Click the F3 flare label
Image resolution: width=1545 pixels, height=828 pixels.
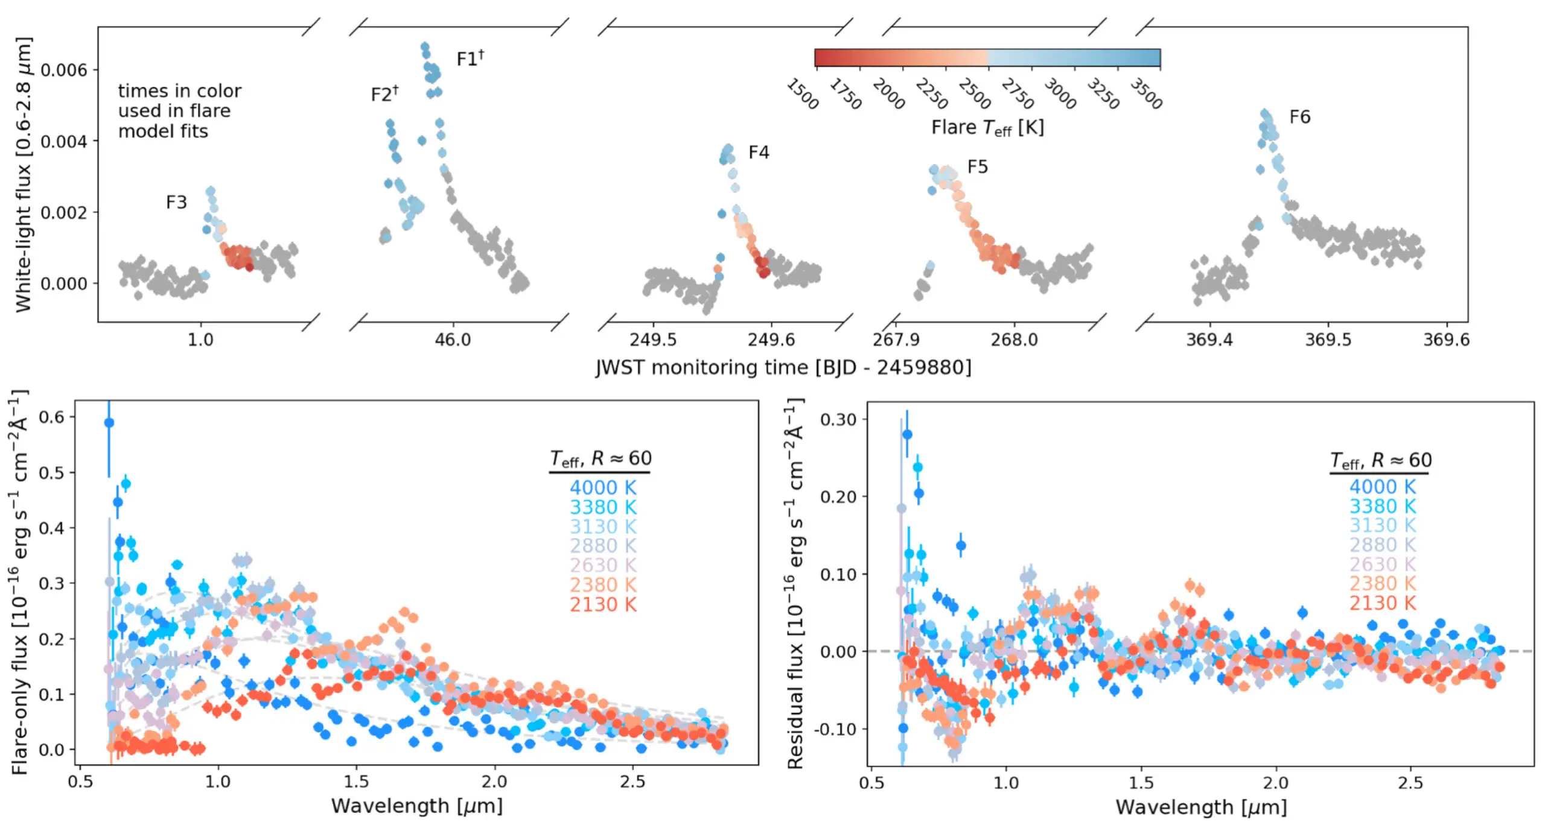(176, 202)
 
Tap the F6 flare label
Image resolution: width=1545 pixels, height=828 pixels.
(1299, 116)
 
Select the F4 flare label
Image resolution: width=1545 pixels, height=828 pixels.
(759, 152)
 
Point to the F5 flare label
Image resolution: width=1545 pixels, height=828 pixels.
(977, 166)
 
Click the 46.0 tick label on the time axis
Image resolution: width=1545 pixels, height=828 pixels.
(453, 340)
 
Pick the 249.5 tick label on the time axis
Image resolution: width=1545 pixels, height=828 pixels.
(653, 340)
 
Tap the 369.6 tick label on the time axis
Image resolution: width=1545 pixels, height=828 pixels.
(1446, 340)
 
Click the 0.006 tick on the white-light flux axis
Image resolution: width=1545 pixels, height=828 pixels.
(64, 70)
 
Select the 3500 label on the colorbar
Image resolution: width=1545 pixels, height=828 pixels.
(1145, 93)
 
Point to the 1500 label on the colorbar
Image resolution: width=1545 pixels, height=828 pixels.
(802, 94)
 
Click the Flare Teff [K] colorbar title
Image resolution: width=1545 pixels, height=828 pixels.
(987, 128)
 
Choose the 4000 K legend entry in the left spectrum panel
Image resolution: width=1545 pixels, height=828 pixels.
(603, 487)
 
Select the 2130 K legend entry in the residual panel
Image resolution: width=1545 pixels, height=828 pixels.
(1382, 602)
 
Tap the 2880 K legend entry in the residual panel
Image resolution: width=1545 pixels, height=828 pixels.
(1382, 545)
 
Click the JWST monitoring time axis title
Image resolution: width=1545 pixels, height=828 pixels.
(783, 367)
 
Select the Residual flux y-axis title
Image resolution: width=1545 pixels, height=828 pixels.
(796, 583)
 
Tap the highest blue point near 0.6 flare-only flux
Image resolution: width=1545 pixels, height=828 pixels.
(109, 423)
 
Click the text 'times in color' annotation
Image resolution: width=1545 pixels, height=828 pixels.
(179, 91)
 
